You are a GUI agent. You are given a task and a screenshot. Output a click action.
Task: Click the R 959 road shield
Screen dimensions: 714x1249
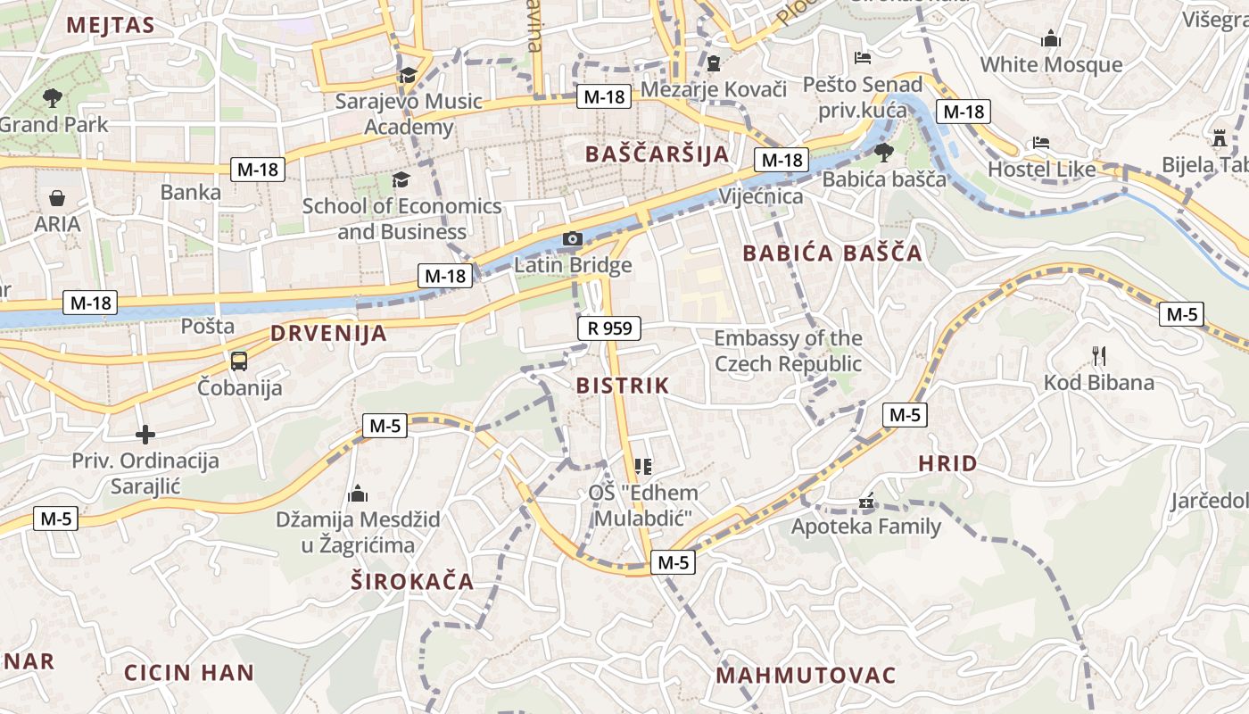tap(609, 328)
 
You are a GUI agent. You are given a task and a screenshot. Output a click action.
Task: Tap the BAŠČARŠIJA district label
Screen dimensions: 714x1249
tap(658, 154)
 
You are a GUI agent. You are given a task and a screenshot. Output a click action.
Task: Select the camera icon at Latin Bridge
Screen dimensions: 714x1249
tap(572, 239)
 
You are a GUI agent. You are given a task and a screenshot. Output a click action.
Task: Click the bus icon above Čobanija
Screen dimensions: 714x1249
tap(239, 361)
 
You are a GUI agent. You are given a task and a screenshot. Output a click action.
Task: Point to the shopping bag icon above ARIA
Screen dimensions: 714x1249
tap(57, 197)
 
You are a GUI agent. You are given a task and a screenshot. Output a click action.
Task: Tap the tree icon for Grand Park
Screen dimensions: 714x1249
tap(53, 97)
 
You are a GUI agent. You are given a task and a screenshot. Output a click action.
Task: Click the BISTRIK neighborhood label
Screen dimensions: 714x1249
tap(623, 386)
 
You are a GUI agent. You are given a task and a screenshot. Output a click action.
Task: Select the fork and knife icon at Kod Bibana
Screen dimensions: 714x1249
tap(1099, 356)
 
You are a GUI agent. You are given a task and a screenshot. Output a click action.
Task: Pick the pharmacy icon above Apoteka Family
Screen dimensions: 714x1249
tap(865, 502)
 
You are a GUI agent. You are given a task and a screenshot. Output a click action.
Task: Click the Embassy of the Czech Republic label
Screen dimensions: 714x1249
tap(788, 351)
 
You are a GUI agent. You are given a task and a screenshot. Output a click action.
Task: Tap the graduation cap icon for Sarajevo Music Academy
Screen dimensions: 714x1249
tap(409, 75)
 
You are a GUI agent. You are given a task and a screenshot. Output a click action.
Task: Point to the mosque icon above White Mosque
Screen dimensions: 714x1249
tap(1051, 38)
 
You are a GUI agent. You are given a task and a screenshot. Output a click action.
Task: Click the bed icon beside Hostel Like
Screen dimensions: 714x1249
tap(1040, 143)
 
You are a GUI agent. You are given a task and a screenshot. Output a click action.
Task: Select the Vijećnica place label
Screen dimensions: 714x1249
tap(760, 196)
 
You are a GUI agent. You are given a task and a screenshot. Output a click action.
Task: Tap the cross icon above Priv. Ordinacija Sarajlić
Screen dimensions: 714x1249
tap(145, 435)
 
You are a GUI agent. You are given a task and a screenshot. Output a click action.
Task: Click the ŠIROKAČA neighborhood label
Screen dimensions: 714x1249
tap(412, 582)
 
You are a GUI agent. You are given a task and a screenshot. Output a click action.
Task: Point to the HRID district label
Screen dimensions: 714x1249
tap(947, 463)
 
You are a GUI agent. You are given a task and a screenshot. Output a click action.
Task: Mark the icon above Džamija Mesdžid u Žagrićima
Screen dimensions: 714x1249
tap(358, 494)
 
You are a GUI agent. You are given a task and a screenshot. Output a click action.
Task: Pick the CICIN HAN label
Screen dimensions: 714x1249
tap(189, 672)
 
